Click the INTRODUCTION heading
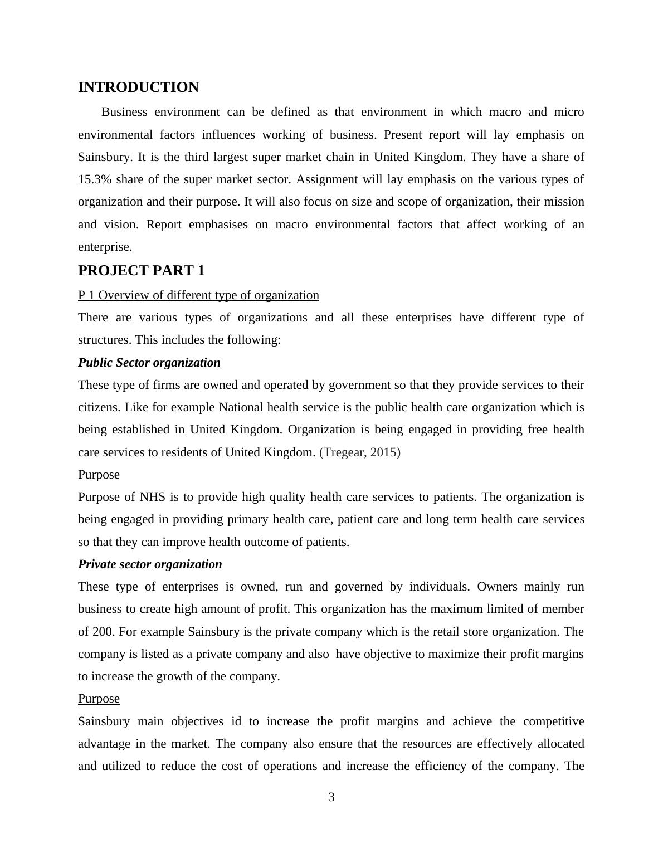pyautogui.click(x=138, y=87)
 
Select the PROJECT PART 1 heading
pyautogui.click(x=142, y=271)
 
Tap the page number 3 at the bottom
pyautogui.click(x=331, y=797)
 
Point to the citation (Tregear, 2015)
pyautogui.click(x=360, y=452)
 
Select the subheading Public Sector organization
pyautogui.click(x=149, y=363)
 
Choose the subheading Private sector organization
pyautogui.click(x=150, y=564)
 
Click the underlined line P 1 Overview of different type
pyautogui.click(x=198, y=295)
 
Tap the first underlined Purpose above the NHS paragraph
pyautogui.click(x=99, y=475)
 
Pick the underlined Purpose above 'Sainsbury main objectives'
pyautogui.click(x=99, y=699)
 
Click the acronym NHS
pyautogui.click(x=153, y=497)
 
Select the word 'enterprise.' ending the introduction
pyautogui.click(x=105, y=247)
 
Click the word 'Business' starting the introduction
pyautogui.click(x=124, y=112)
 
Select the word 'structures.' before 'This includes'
pyautogui.click(x=105, y=340)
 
